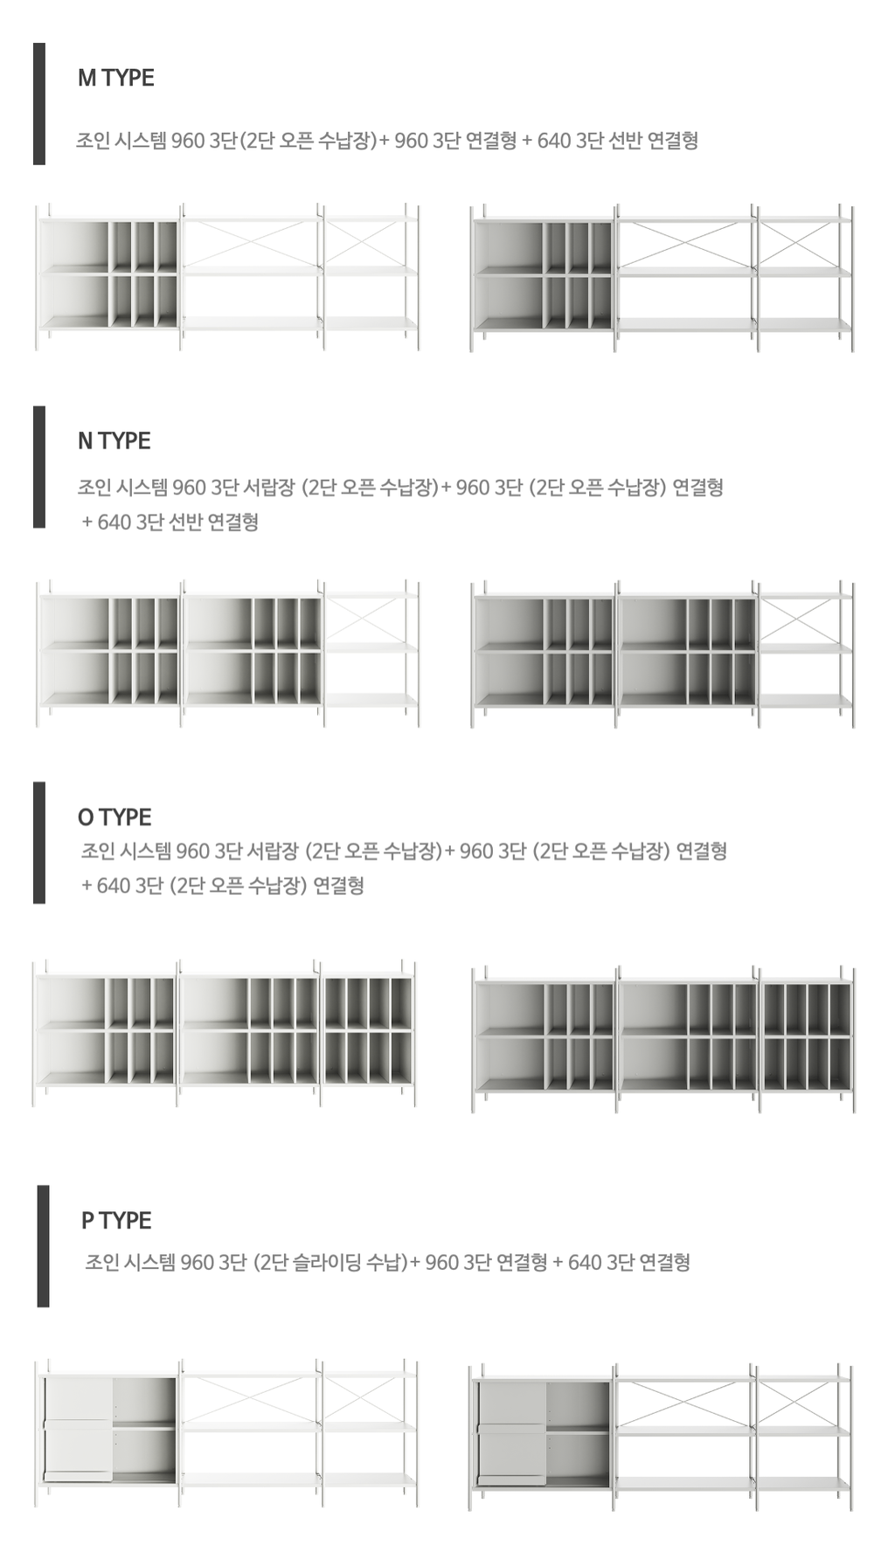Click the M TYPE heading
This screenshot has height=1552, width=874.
pyautogui.click(x=115, y=78)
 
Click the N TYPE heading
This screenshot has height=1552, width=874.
pyautogui.click(x=114, y=440)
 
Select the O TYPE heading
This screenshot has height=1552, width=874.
pyautogui.click(x=114, y=817)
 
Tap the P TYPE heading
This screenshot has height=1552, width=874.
pyautogui.click(x=116, y=1220)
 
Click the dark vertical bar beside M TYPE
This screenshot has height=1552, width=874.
pyautogui.click(x=39, y=103)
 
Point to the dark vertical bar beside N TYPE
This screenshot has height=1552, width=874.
pyautogui.click(x=39, y=467)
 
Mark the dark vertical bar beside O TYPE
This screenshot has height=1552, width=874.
pyautogui.click(x=39, y=842)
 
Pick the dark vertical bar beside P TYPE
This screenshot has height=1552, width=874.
pyautogui.click(x=43, y=1246)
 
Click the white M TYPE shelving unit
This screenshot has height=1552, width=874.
pyautogui.click(x=227, y=277)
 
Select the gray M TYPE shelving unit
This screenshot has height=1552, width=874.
pyautogui.click(x=662, y=277)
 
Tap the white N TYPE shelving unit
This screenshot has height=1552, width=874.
pyautogui.click(x=227, y=652)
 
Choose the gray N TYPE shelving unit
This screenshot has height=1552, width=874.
pyautogui.click(x=662, y=652)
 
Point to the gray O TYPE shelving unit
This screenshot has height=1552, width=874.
pyautogui.click(x=662, y=1039)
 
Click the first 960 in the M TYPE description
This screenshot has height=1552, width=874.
pyautogui.click(x=188, y=141)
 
